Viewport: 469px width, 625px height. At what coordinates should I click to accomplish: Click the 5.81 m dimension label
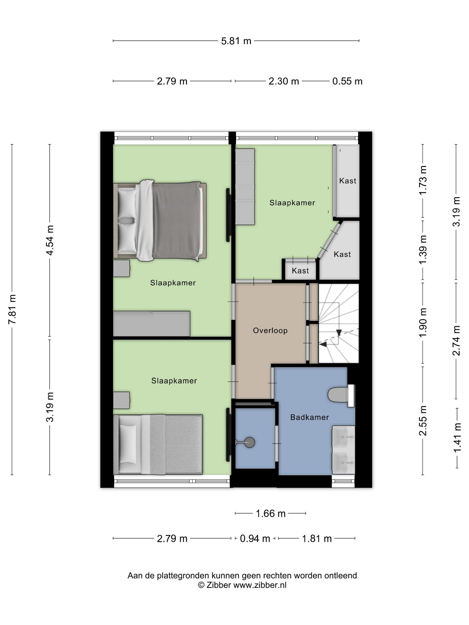236,41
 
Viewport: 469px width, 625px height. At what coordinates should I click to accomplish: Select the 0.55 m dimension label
347,81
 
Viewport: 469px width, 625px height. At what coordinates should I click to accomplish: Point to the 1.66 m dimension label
270,513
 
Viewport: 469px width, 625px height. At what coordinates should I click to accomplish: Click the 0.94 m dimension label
255,539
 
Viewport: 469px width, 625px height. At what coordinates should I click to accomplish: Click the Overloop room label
270,330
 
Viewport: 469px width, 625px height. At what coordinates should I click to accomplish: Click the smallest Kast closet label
300,271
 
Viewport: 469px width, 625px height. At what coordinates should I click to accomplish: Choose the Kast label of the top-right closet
348,181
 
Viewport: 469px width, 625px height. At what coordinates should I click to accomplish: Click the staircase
338,323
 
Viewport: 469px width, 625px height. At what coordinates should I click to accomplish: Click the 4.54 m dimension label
50,240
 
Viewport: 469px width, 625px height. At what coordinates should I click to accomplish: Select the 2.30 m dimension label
284,81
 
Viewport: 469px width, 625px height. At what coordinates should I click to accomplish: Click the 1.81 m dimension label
317,539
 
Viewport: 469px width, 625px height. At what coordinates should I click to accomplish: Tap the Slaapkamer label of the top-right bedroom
292,203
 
